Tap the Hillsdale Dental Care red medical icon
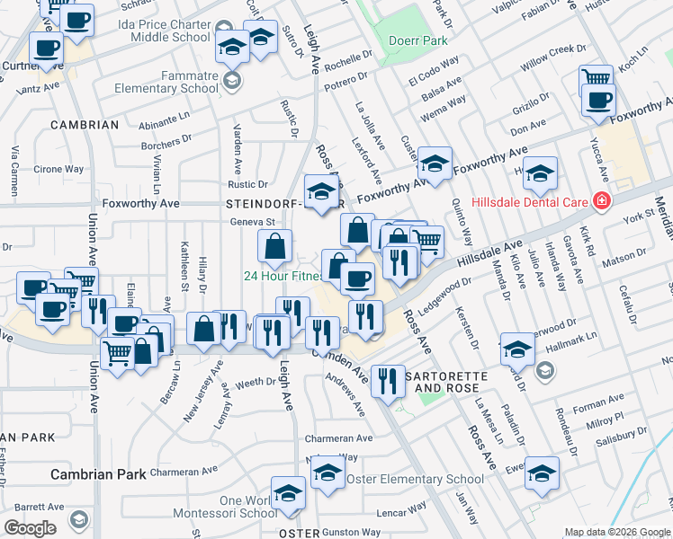click(x=601, y=201)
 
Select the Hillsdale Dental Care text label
click(x=529, y=201)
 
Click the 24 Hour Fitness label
click(x=282, y=277)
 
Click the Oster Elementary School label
click(x=415, y=480)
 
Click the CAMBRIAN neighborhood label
click(x=85, y=125)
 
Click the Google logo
click(x=30, y=528)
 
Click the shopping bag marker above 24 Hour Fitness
click(x=275, y=244)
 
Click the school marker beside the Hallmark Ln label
click(x=517, y=349)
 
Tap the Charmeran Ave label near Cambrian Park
click(x=184, y=471)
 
